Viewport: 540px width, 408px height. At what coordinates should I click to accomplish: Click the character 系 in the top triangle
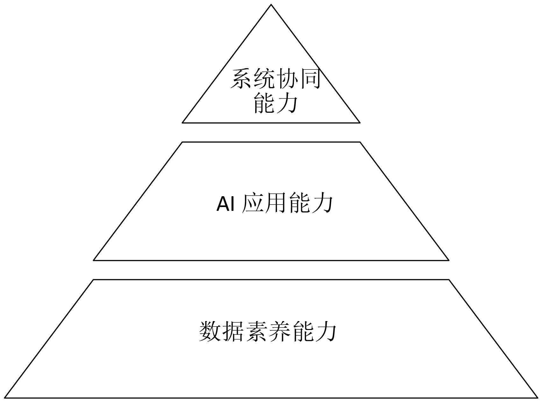(x=241, y=79)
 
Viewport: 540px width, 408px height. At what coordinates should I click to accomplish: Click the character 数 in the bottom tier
(x=210, y=332)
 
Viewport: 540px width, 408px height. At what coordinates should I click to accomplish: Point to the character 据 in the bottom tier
(x=233, y=332)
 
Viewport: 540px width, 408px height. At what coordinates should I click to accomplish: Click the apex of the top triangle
(x=271, y=5)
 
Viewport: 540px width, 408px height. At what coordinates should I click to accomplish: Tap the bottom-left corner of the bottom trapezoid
(x=5, y=397)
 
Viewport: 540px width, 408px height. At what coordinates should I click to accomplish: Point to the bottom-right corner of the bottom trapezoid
(x=537, y=397)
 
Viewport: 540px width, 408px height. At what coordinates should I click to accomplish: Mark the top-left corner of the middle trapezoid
(x=182, y=142)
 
